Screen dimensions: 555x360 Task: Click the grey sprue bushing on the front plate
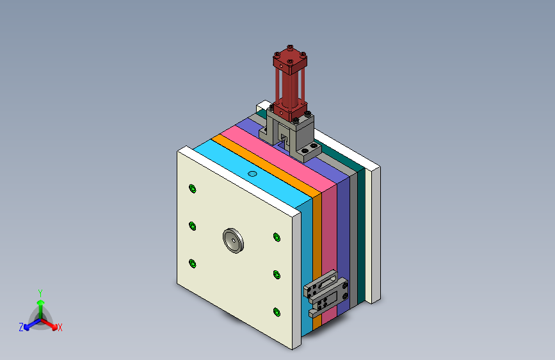tap(233, 241)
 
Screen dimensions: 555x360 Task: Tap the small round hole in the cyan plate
tap(252, 174)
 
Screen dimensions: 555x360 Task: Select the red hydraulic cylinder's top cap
tap(290, 60)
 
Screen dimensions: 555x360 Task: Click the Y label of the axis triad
tap(40, 293)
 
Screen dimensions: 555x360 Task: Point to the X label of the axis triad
tap(60, 328)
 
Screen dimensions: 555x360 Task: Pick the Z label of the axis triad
tap(21, 327)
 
